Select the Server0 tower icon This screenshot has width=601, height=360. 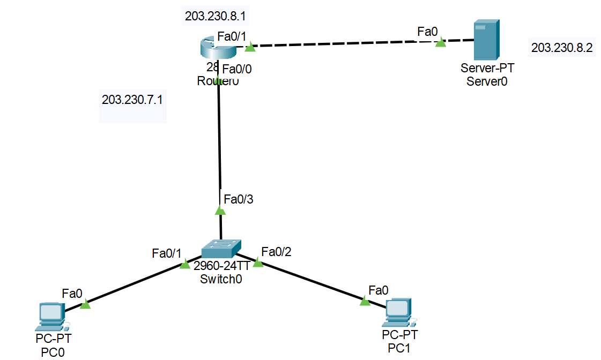(x=486, y=40)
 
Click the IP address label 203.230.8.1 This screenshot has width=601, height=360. (x=215, y=17)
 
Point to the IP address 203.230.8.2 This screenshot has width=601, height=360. (x=561, y=48)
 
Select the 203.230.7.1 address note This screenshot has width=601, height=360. (x=132, y=100)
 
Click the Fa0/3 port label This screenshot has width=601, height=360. (x=239, y=199)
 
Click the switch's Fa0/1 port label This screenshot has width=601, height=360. (x=167, y=253)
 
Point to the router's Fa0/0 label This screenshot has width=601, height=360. (x=236, y=69)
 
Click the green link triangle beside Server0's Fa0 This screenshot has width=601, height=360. (x=440, y=42)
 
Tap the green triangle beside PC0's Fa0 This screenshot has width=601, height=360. (x=85, y=305)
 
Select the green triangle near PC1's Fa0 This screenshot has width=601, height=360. (x=365, y=302)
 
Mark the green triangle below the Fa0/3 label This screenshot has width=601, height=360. (x=220, y=210)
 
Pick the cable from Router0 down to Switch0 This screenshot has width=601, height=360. (x=219, y=139)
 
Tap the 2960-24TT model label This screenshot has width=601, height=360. (x=221, y=266)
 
